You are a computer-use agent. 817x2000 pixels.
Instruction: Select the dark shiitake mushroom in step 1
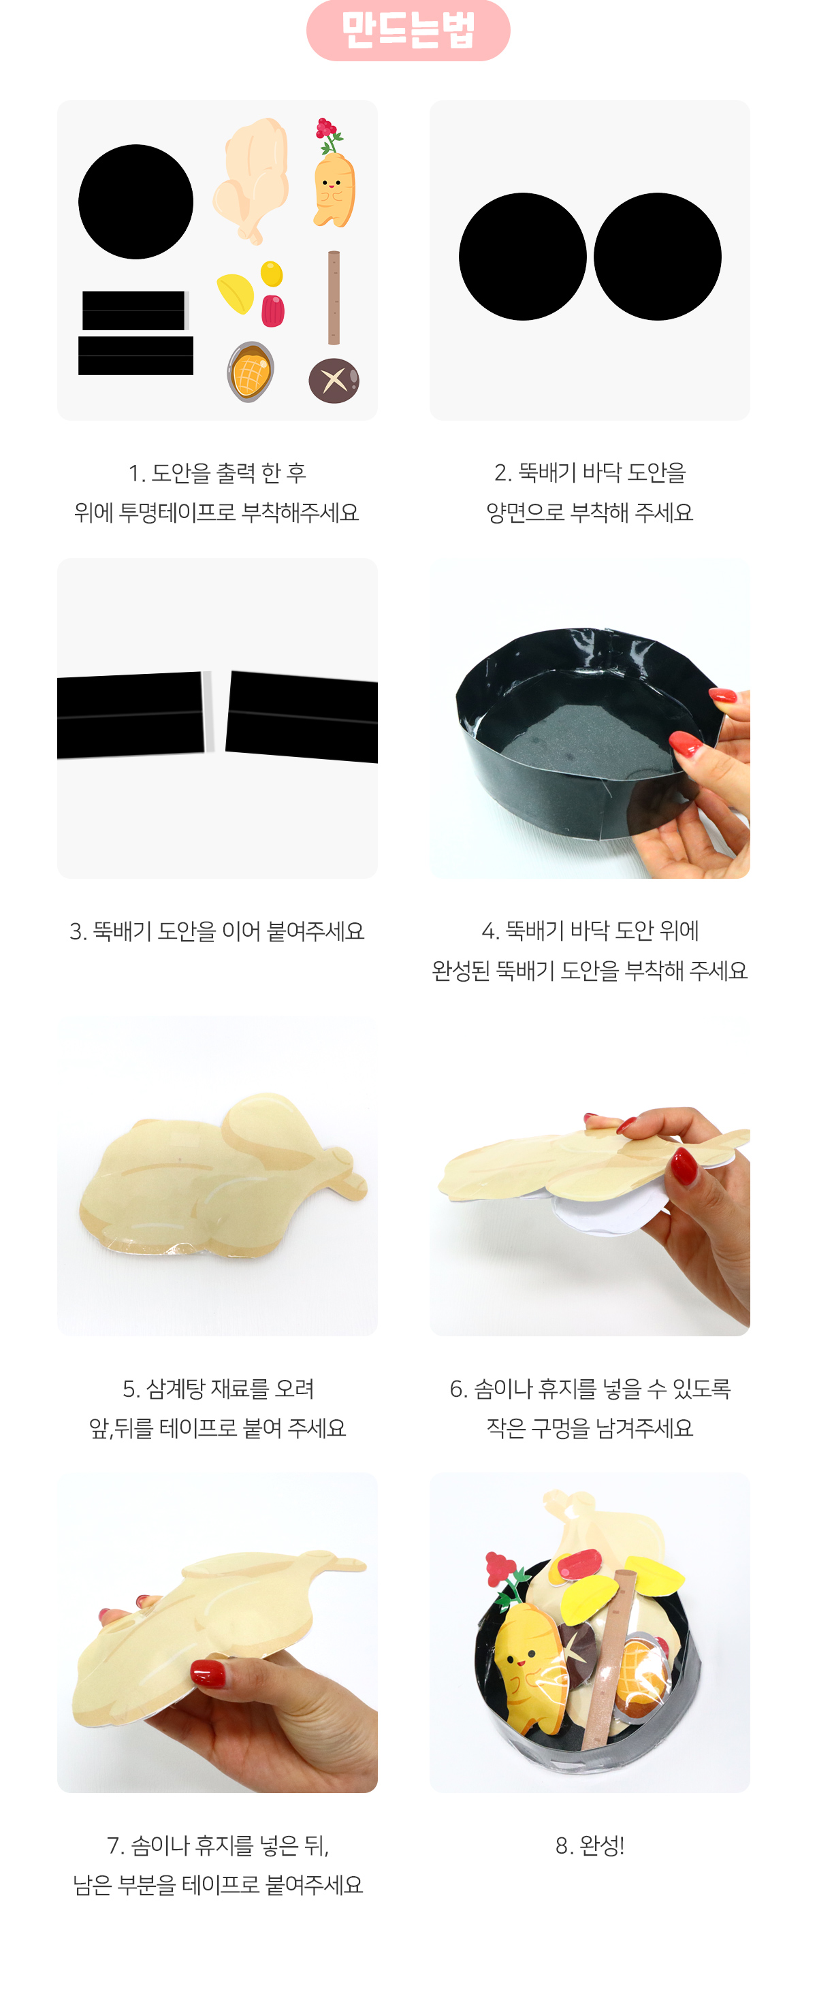pyautogui.click(x=334, y=381)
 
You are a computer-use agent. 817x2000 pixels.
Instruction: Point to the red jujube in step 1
pyautogui.click(x=272, y=310)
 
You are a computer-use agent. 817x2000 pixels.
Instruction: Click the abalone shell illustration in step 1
pyautogui.click(x=250, y=371)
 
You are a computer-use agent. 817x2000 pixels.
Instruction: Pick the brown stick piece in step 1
pyautogui.click(x=334, y=297)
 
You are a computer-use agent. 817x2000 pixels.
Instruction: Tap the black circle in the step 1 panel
pyautogui.click(x=136, y=202)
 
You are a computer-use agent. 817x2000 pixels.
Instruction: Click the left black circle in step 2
pyautogui.click(x=523, y=256)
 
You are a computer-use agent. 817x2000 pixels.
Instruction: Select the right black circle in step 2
pyautogui.click(x=658, y=256)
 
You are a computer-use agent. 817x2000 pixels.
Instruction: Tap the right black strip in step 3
pyautogui.click(x=302, y=717)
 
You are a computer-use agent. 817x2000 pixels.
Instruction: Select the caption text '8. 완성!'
pyautogui.click(x=590, y=1845)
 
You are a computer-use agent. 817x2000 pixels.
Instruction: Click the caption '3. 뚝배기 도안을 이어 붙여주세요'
pyautogui.click(x=217, y=930)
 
